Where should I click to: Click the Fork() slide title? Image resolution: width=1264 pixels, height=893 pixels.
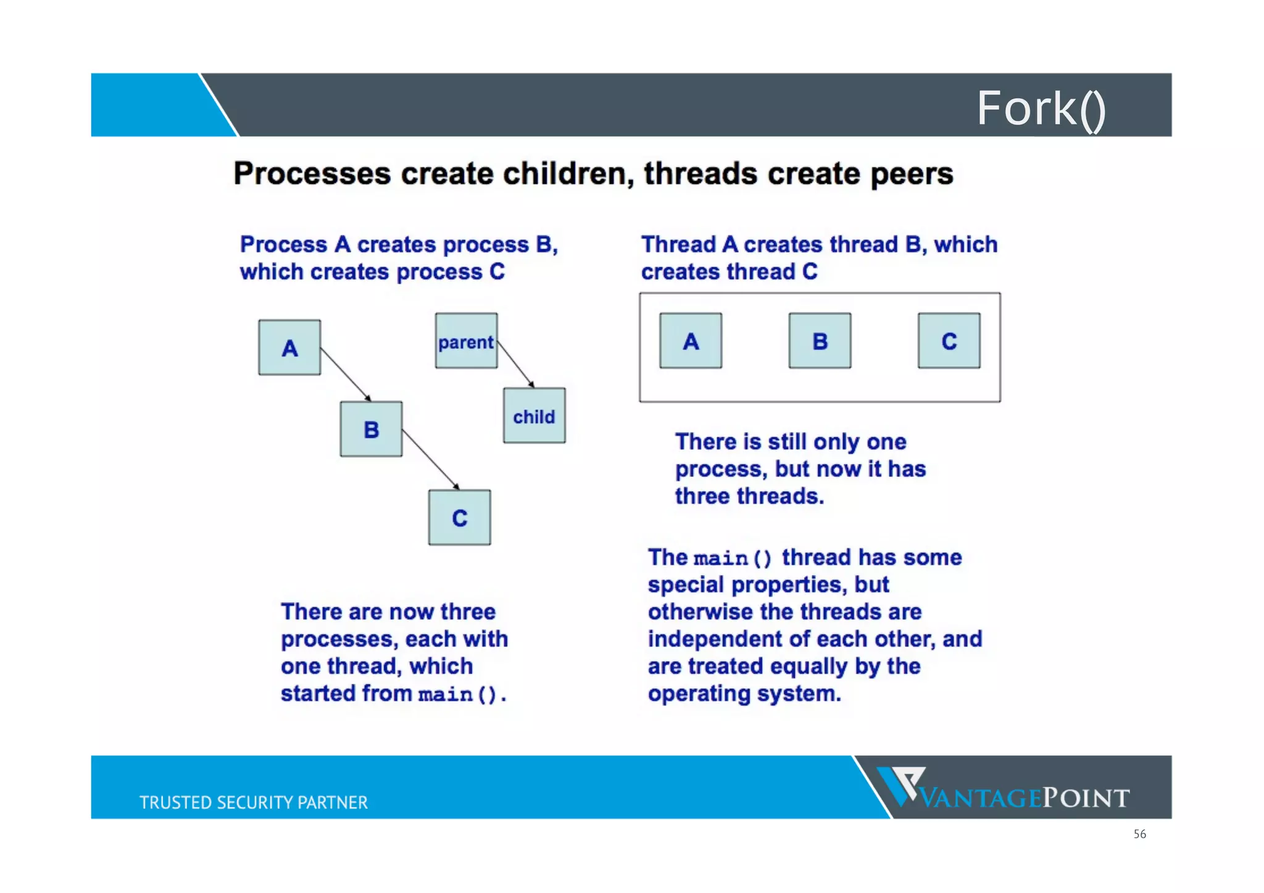click(1041, 109)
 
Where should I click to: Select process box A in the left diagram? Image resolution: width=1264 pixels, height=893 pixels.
click(289, 347)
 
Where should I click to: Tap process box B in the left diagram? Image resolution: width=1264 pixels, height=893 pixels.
click(371, 429)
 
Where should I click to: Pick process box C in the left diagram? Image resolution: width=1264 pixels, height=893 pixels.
click(459, 517)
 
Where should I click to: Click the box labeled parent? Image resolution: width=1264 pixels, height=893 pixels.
click(466, 341)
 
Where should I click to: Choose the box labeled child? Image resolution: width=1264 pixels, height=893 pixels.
click(534, 415)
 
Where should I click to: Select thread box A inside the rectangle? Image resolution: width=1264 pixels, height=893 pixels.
click(691, 341)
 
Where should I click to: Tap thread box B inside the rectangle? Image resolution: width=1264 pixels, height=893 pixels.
click(820, 341)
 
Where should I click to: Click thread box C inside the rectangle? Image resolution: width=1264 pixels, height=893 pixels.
click(949, 341)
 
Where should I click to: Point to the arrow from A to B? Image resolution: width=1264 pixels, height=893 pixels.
click(346, 375)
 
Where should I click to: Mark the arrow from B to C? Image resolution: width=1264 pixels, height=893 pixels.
click(430, 460)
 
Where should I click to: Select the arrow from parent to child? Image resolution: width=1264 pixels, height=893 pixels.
click(515, 363)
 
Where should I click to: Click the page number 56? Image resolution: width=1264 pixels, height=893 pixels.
click(1139, 834)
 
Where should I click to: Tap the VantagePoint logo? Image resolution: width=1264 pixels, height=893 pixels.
click(1003, 790)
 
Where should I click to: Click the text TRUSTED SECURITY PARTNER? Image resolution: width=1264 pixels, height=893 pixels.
click(253, 802)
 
